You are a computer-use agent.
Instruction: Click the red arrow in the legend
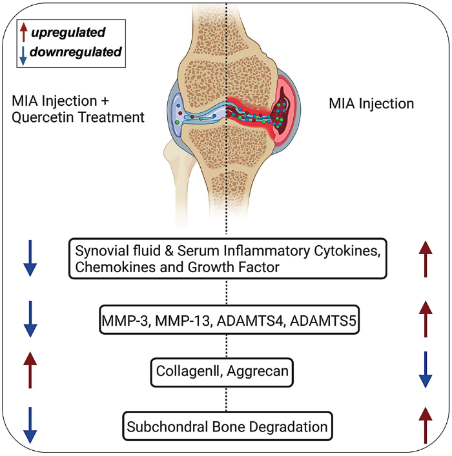(x=24, y=32)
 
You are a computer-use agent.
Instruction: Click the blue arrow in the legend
(x=23, y=56)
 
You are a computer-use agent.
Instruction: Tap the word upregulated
(x=68, y=32)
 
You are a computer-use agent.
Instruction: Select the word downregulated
(x=76, y=52)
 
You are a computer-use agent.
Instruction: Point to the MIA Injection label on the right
(x=371, y=104)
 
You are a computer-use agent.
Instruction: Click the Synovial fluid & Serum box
(x=228, y=259)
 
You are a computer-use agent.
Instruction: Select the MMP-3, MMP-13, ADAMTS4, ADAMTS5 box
(x=229, y=320)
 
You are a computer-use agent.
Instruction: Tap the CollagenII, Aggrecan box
(x=222, y=372)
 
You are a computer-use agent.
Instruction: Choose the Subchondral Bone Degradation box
(x=227, y=426)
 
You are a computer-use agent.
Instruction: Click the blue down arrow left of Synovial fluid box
(x=30, y=258)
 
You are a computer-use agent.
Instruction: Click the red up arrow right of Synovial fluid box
(x=426, y=259)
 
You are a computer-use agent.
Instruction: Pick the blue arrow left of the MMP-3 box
(x=30, y=319)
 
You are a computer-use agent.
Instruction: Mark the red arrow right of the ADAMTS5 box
(x=426, y=319)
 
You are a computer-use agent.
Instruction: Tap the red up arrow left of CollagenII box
(x=30, y=370)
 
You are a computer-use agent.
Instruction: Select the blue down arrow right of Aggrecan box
(x=426, y=370)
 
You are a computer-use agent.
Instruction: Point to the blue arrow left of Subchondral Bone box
(x=30, y=425)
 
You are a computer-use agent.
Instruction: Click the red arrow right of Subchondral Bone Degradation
(x=426, y=426)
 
